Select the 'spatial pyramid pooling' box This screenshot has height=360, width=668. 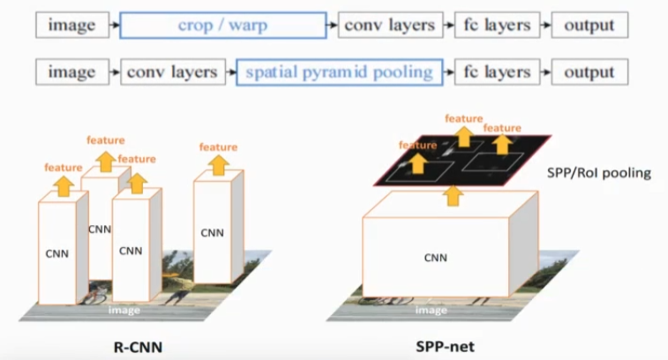pyautogui.click(x=341, y=71)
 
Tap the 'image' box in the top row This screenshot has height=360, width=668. pyautogui.click(x=72, y=25)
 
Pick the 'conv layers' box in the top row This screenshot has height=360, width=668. pyautogui.click(x=388, y=25)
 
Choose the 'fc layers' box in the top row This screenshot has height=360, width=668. pyautogui.click(x=497, y=25)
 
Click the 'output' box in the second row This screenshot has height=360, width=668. pyautogui.click(x=589, y=71)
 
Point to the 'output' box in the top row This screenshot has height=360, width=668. pyautogui.click(x=589, y=25)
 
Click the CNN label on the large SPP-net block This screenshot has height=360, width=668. pyautogui.click(x=435, y=258)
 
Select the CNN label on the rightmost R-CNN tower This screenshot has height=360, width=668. pyautogui.click(x=212, y=233)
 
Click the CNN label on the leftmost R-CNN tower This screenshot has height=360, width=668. pyautogui.click(x=56, y=252)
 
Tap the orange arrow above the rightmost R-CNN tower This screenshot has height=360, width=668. pyautogui.click(x=218, y=163)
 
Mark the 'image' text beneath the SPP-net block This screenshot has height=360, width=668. pyautogui.click(x=431, y=310)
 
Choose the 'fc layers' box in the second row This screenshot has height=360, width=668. pyautogui.click(x=497, y=71)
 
